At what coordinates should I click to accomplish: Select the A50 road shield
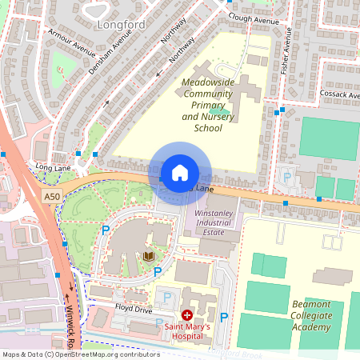click(52, 196)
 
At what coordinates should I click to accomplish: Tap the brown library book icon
click(149, 257)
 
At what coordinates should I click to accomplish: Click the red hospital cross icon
click(187, 315)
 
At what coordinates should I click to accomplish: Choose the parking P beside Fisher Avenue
click(286, 177)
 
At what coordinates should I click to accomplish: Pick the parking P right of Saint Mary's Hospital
click(223, 318)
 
